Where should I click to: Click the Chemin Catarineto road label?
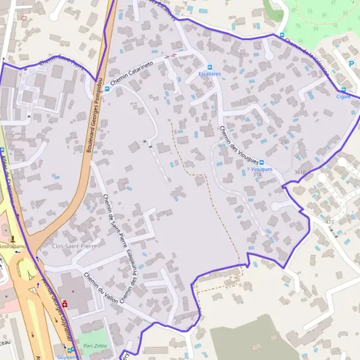point(131,66)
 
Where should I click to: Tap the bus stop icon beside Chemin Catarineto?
point(107,89)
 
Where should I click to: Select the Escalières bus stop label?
point(210,74)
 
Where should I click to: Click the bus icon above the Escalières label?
point(209,67)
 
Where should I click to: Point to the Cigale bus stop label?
point(343,95)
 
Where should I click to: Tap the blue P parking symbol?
point(351,63)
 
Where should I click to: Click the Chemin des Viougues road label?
point(238,145)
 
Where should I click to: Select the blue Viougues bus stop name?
point(262,169)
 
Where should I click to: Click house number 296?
point(285,142)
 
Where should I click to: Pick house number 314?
point(257,175)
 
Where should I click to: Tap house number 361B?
point(300,172)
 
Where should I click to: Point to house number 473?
point(329,223)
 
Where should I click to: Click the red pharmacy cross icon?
point(64,304)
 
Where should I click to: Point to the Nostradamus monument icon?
point(13,239)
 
